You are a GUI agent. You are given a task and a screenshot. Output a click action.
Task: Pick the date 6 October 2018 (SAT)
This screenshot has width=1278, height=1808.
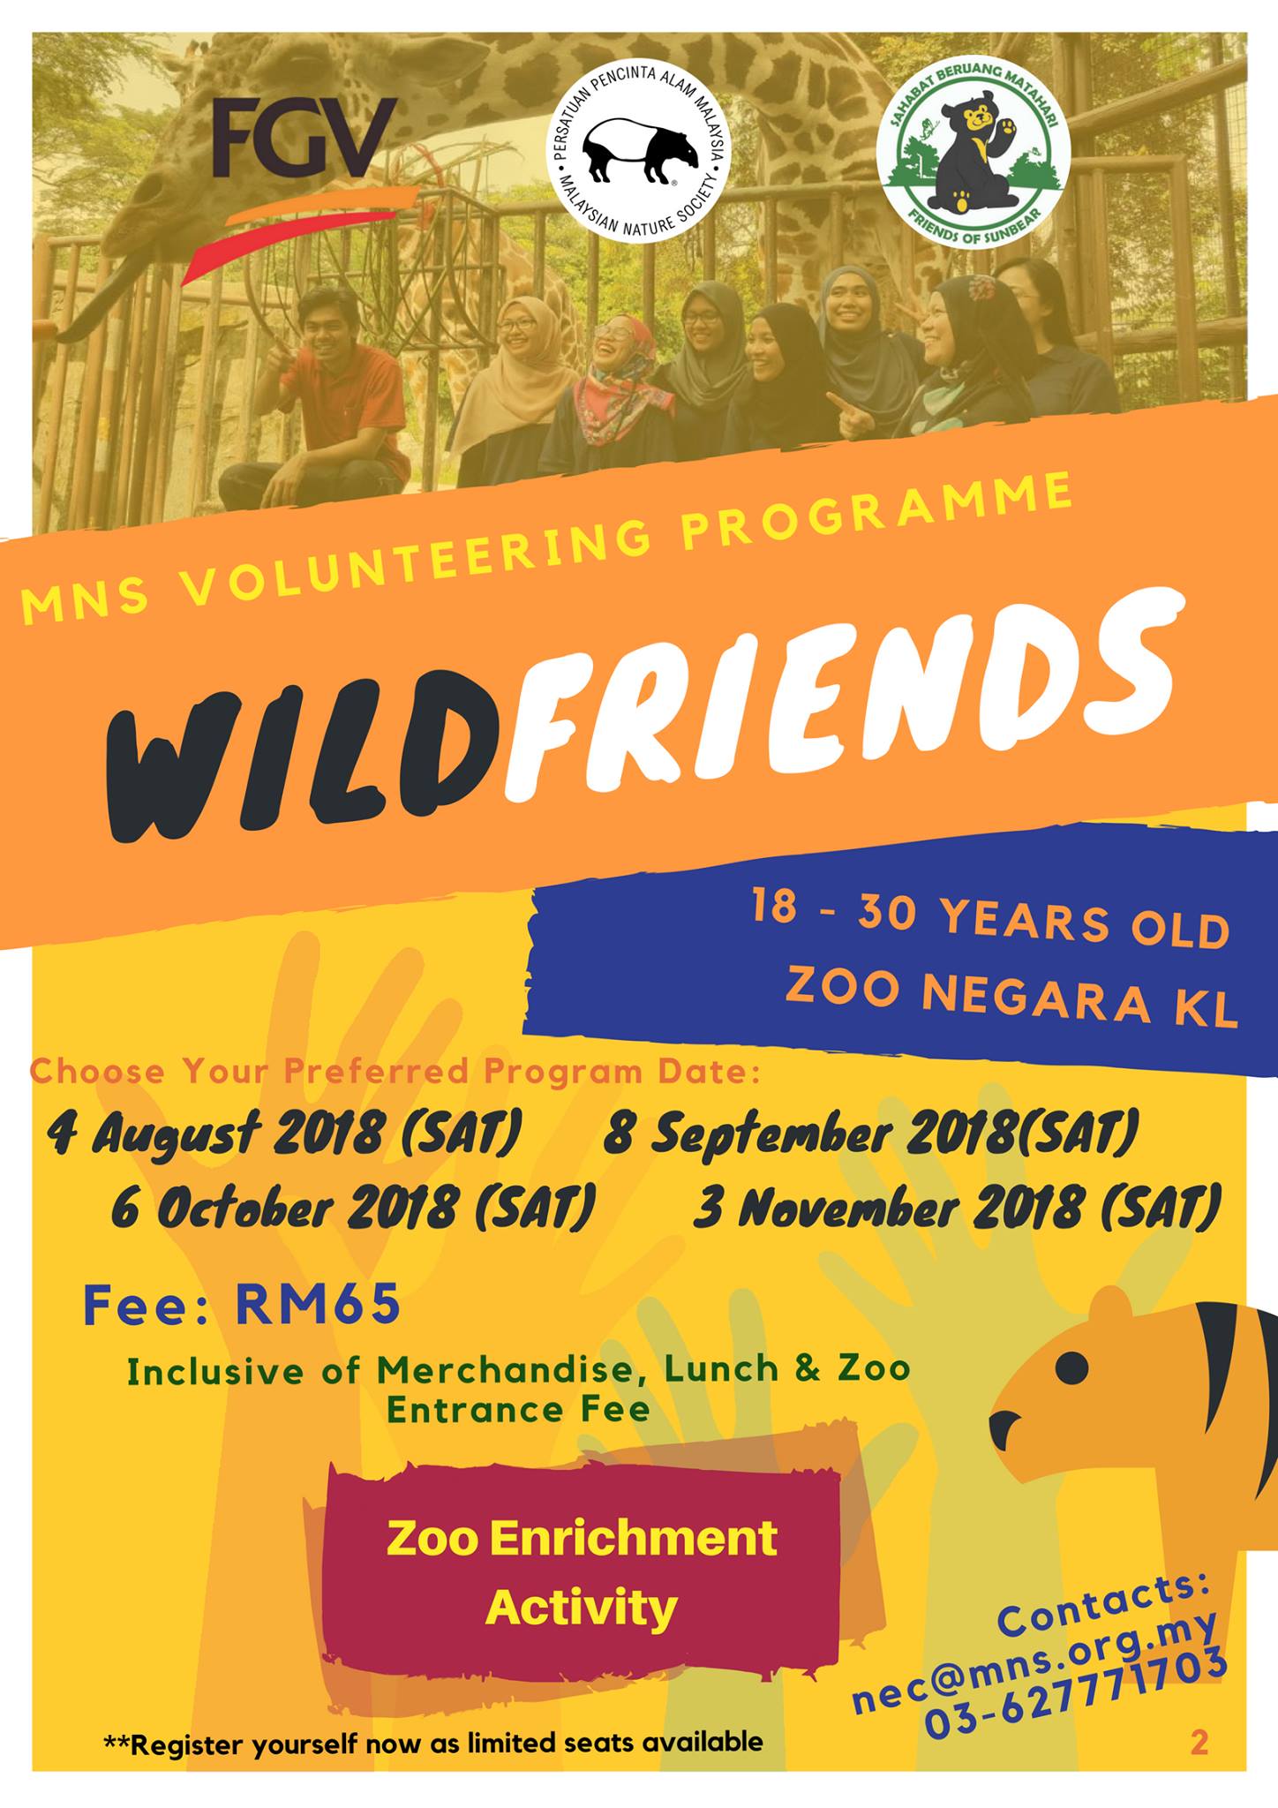pyautogui.click(x=353, y=1207)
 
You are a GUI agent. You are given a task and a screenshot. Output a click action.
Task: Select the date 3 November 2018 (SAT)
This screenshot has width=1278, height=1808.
pyautogui.click(x=958, y=1207)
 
